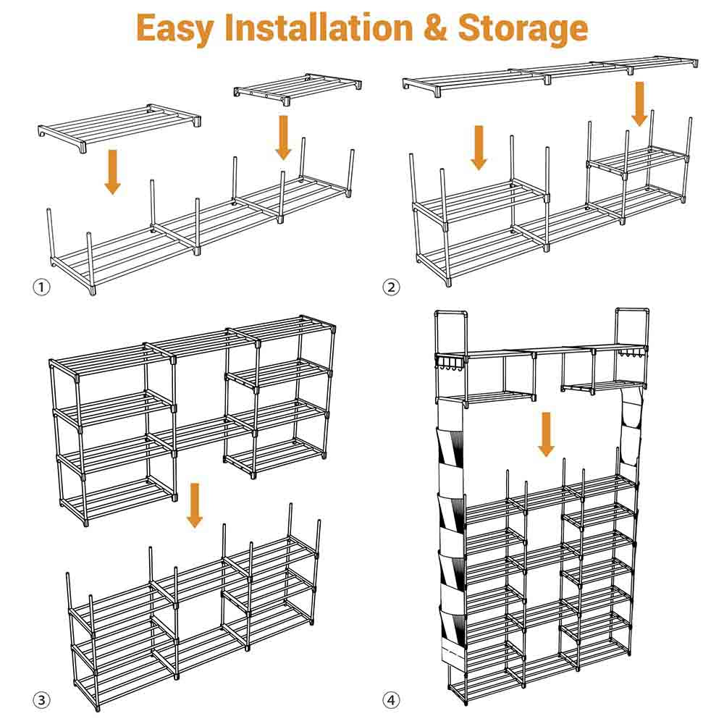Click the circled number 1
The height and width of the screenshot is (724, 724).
coord(42,287)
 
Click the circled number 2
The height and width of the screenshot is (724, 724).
coord(391,287)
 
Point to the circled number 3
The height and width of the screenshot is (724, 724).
coord(42,700)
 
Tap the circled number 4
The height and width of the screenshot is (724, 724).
coord(391,700)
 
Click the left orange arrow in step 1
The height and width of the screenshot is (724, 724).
coord(112,172)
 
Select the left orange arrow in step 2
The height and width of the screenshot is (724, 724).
coord(479,146)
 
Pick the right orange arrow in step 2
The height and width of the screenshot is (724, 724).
coord(639,103)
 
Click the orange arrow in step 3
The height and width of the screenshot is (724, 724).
coord(194,505)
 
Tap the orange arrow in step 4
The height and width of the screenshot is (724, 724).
coord(547,434)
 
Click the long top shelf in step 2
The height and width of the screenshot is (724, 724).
coord(550,72)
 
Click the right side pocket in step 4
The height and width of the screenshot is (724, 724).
coord(631,427)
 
